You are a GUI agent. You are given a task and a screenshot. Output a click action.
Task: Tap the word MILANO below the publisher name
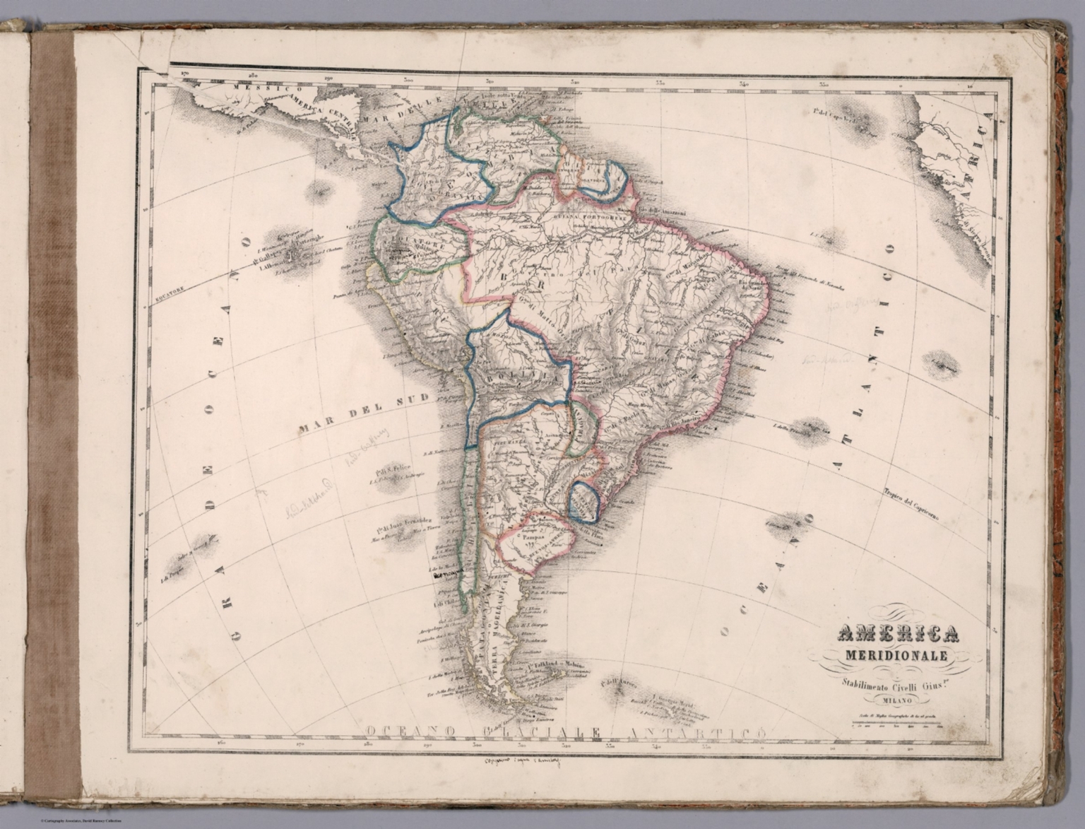pyautogui.click(x=896, y=701)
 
